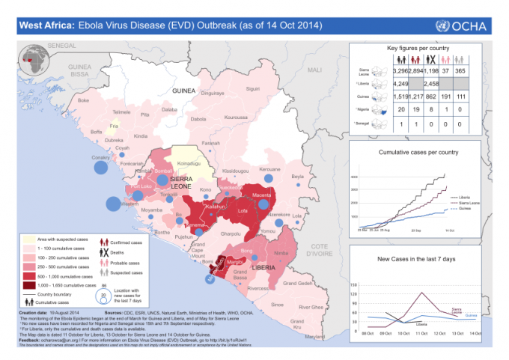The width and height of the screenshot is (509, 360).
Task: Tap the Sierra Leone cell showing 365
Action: [x=481, y=71]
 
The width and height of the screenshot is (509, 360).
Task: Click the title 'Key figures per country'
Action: [x=418, y=48]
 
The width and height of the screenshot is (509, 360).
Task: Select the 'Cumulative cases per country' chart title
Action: [x=418, y=153]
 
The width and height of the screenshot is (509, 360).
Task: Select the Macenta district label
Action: [x=261, y=195]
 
